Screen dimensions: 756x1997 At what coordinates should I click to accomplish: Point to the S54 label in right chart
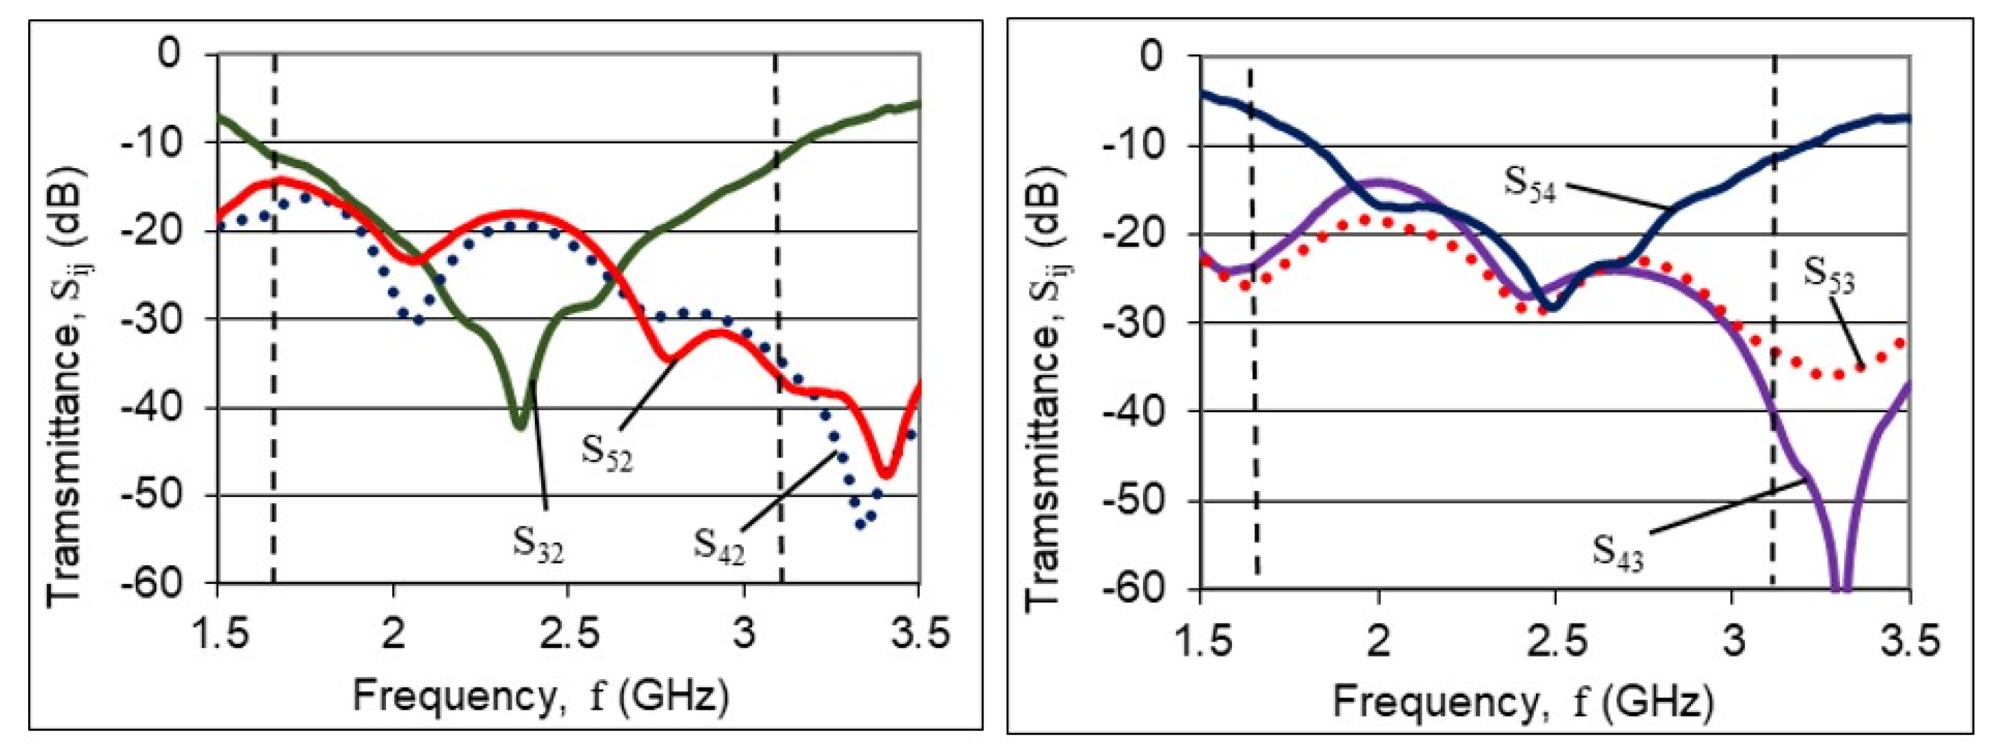(1530, 184)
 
